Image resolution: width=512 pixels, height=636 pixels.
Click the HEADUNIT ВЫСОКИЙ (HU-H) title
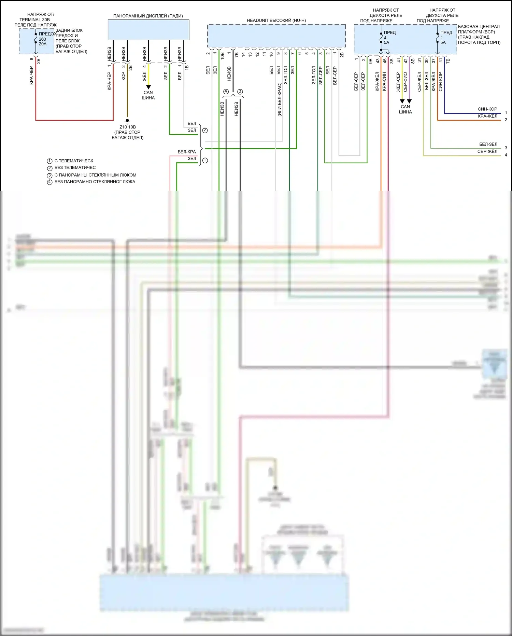coord(276,21)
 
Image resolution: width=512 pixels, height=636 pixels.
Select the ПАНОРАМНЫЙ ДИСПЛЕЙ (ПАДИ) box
coord(148,30)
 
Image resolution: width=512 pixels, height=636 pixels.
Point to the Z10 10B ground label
coord(127,127)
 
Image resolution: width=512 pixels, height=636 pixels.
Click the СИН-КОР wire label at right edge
coord(487,109)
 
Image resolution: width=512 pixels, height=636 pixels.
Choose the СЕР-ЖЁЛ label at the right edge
coord(487,151)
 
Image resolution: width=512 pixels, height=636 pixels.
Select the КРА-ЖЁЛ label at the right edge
coord(487,116)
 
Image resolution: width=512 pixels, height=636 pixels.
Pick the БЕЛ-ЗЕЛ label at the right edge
coord(488,144)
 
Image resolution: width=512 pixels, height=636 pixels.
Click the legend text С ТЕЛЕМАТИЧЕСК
coord(74,161)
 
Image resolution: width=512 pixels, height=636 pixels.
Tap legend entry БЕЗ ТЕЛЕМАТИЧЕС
coord(75,167)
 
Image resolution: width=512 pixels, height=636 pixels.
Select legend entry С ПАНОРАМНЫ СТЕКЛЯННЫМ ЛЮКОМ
coord(95,175)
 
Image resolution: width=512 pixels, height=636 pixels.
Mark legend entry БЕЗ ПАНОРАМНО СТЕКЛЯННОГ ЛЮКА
coord(95,182)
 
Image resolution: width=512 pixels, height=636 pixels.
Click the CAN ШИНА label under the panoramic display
coord(148,95)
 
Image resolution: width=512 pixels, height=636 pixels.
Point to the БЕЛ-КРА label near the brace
coord(187,152)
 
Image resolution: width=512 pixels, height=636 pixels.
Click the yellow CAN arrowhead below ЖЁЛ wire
coord(148,87)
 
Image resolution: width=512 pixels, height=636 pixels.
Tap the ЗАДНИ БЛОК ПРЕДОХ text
coord(69,33)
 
